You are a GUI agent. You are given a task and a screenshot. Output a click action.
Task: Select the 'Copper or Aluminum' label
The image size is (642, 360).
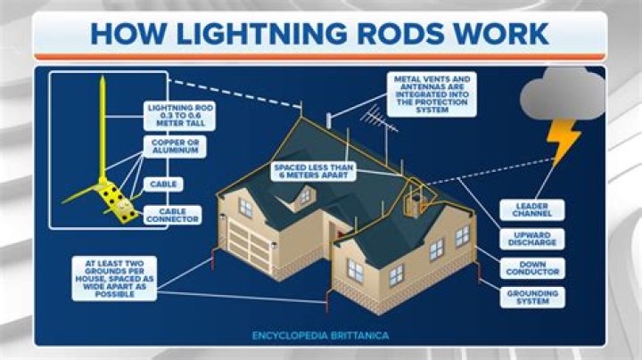[x=173, y=147]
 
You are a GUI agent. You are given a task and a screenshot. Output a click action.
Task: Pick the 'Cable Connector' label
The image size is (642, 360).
[x=172, y=215]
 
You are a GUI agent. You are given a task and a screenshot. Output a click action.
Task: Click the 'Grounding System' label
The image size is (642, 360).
[x=532, y=297]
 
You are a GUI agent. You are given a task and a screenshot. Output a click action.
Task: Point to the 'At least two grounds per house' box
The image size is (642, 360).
[x=115, y=278]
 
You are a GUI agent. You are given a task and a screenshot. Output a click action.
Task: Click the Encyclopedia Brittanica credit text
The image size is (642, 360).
[x=319, y=337]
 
